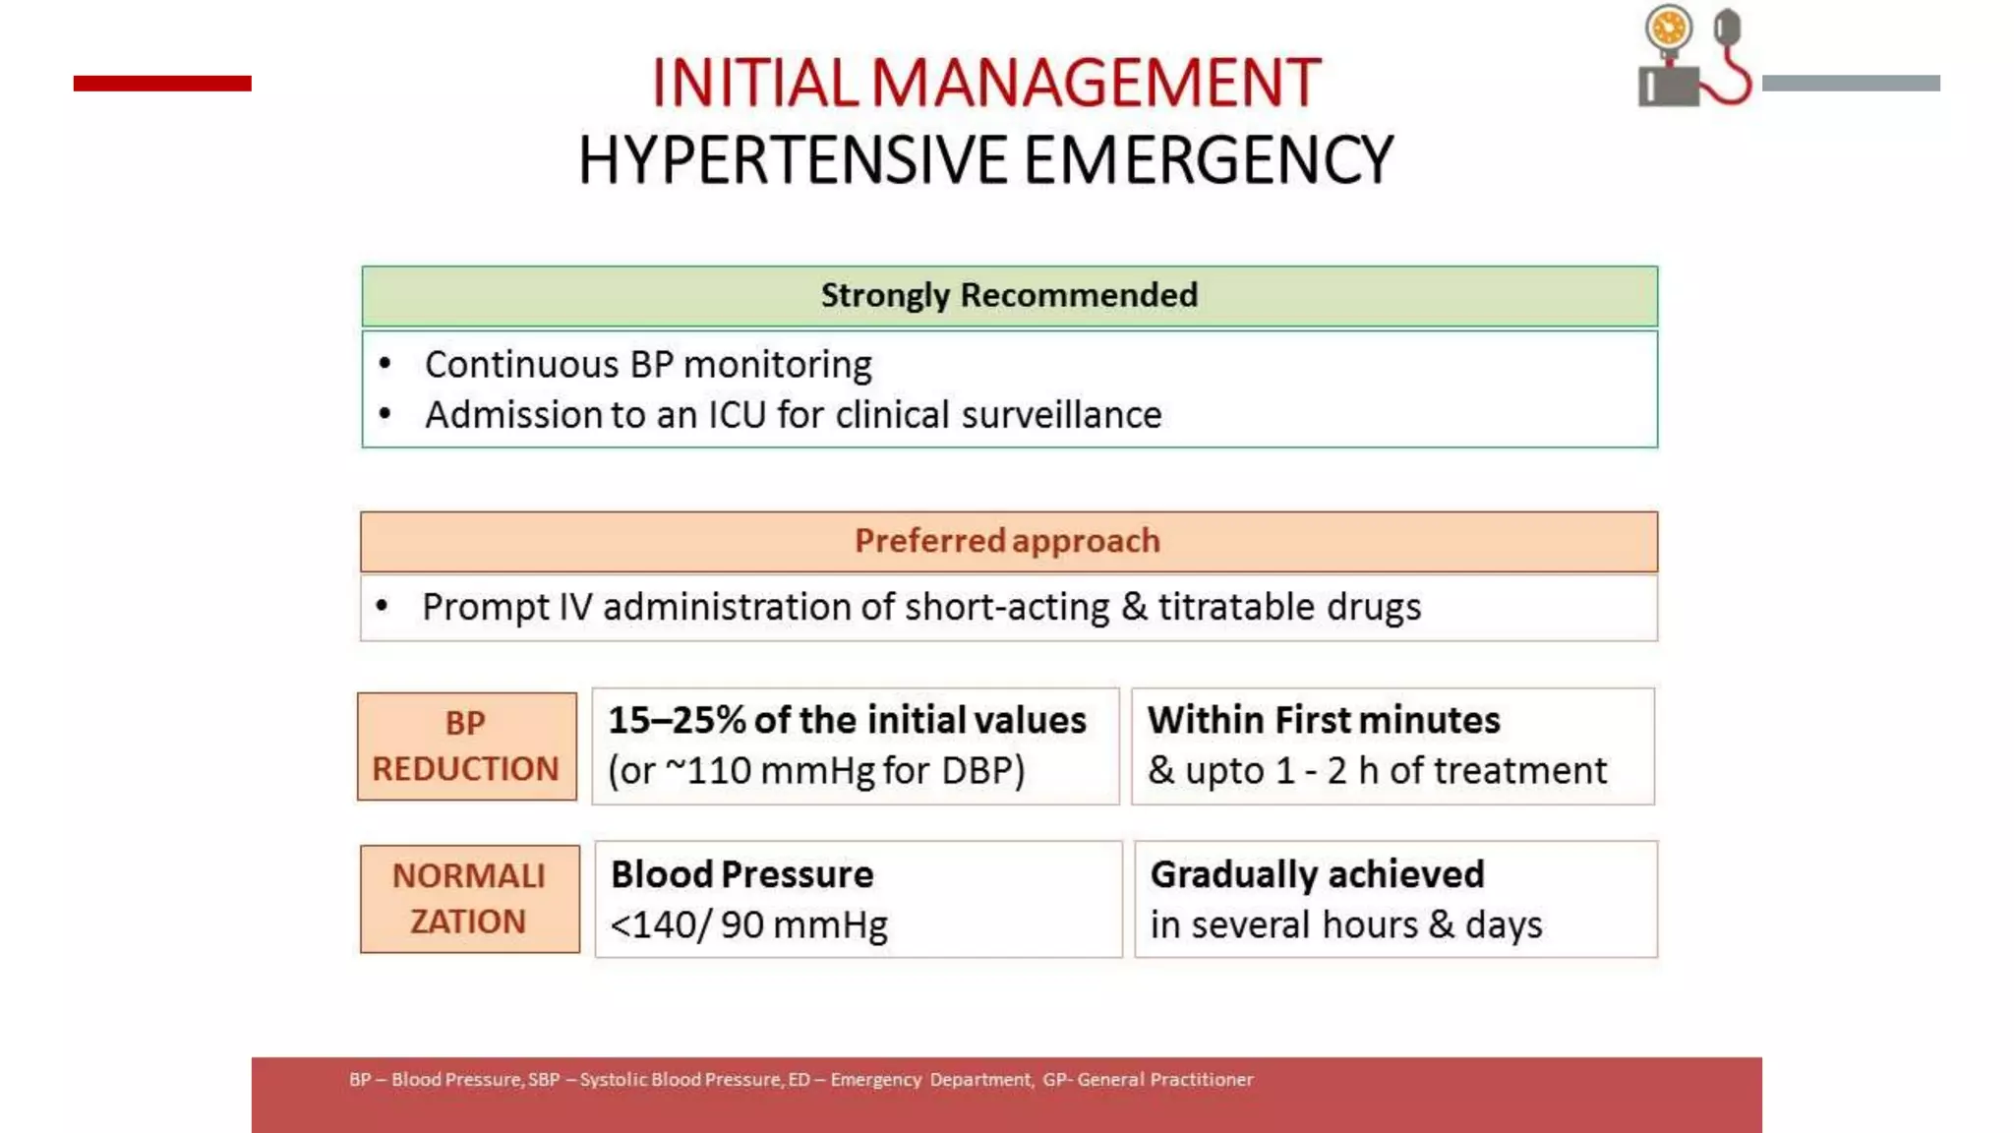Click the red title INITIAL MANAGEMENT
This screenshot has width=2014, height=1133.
(x=986, y=83)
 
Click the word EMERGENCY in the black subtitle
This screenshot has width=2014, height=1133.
(x=1209, y=160)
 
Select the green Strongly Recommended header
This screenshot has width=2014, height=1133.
(x=1009, y=295)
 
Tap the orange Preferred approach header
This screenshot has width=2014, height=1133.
(x=1008, y=541)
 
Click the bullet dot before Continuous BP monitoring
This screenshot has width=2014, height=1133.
(x=385, y=364)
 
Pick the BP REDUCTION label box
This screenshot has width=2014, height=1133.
(x=466, y=746)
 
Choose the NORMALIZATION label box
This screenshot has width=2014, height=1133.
(x=469, y=899)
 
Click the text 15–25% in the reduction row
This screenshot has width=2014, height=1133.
(x=677, y=720)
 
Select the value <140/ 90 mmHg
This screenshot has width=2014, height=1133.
(x=748, y=924)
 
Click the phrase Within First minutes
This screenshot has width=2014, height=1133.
(x=1324, y=720)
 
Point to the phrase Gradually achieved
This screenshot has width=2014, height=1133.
(x=1317, y=874)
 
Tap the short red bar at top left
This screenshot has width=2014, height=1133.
(x=162, y=84)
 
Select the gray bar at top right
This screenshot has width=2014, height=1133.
(x=1851, y=84)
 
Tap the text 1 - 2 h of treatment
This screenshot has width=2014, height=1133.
(x=1441, y=770)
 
